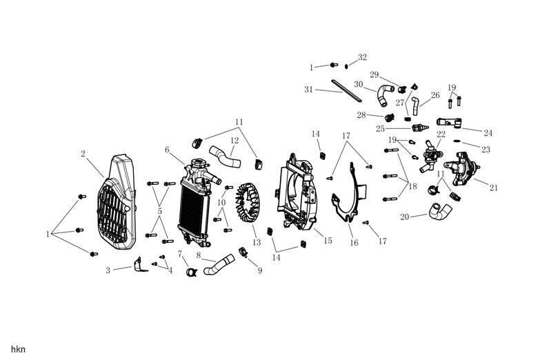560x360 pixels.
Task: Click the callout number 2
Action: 83,154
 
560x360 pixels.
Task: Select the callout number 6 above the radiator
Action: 167,150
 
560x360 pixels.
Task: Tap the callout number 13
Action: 256,243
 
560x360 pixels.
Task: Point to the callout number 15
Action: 328,241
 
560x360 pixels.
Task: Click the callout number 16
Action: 354,243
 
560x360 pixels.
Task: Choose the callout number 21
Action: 494,188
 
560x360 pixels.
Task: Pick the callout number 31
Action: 308,90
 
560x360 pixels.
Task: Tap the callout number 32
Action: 363,57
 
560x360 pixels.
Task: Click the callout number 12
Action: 234,141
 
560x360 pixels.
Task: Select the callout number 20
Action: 405,217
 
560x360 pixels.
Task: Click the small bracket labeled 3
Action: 140,265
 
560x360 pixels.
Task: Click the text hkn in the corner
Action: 19,350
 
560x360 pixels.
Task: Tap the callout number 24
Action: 488,132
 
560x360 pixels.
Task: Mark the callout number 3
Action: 108,270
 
